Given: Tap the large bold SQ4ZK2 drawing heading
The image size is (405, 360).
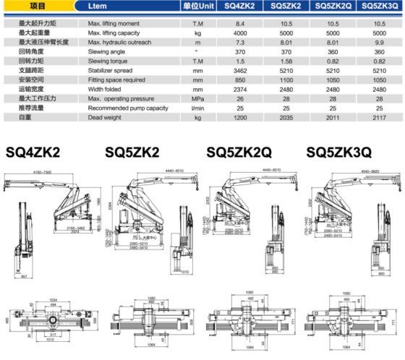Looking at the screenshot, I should (33, 153).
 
